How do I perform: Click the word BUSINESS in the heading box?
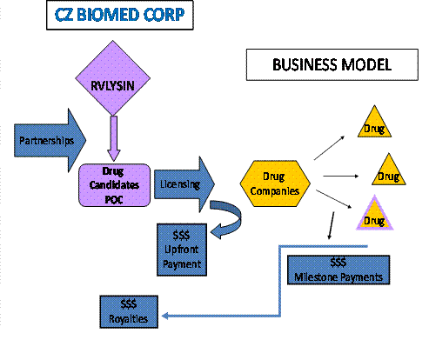(303, 64)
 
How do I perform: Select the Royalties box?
(130, 310)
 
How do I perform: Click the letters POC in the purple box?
(113, 198)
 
